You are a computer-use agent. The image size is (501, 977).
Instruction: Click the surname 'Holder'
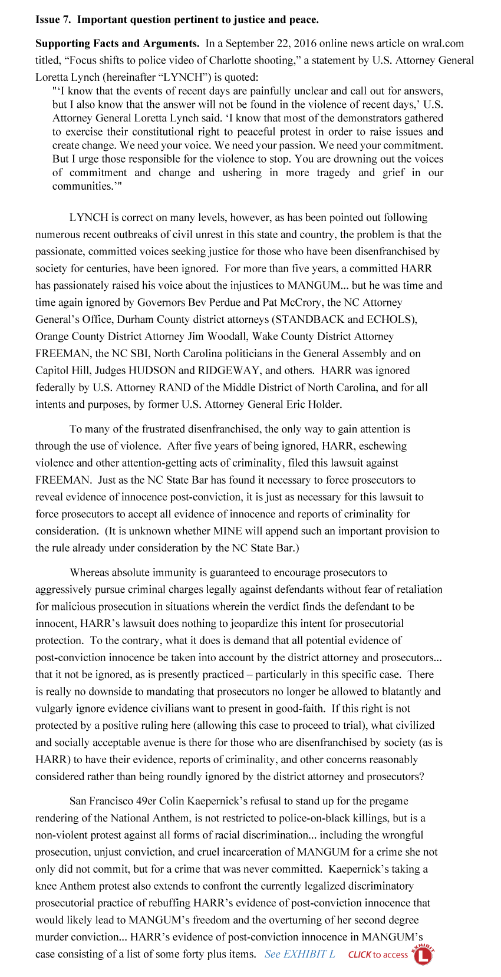coord(323,405)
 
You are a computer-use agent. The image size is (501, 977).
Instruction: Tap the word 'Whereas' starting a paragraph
coord(88,573)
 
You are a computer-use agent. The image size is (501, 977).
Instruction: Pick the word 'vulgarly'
coord(54,709)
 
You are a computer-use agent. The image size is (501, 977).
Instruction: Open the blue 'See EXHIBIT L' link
coord(299,954)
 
